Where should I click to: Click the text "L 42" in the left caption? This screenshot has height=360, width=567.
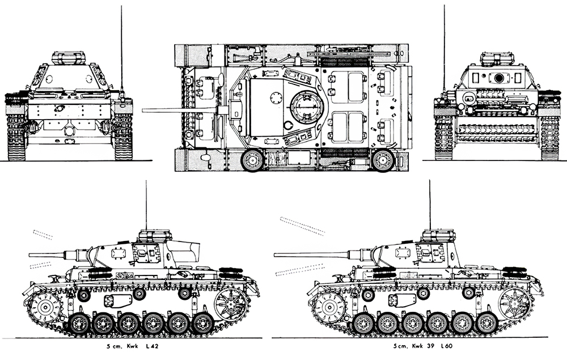point(152,346)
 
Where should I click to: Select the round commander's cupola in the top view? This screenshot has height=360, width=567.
point(307,107)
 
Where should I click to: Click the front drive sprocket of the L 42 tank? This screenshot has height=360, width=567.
point(45,307)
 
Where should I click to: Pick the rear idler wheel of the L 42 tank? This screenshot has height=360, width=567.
point(230,303)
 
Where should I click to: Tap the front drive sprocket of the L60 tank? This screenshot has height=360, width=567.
point(329,307)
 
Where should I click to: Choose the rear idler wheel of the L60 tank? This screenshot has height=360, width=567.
point(514,303)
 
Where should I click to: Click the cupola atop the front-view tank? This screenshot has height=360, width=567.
point(69,58)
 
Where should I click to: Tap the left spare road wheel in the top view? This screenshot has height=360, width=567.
point(252,160)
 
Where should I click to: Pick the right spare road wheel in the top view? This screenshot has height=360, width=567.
point(383,160)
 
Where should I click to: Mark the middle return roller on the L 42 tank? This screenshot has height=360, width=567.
point(139,294)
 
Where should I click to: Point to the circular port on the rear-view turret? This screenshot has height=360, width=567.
point(500,78)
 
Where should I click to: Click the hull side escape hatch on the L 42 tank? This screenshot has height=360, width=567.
point(118,300)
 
